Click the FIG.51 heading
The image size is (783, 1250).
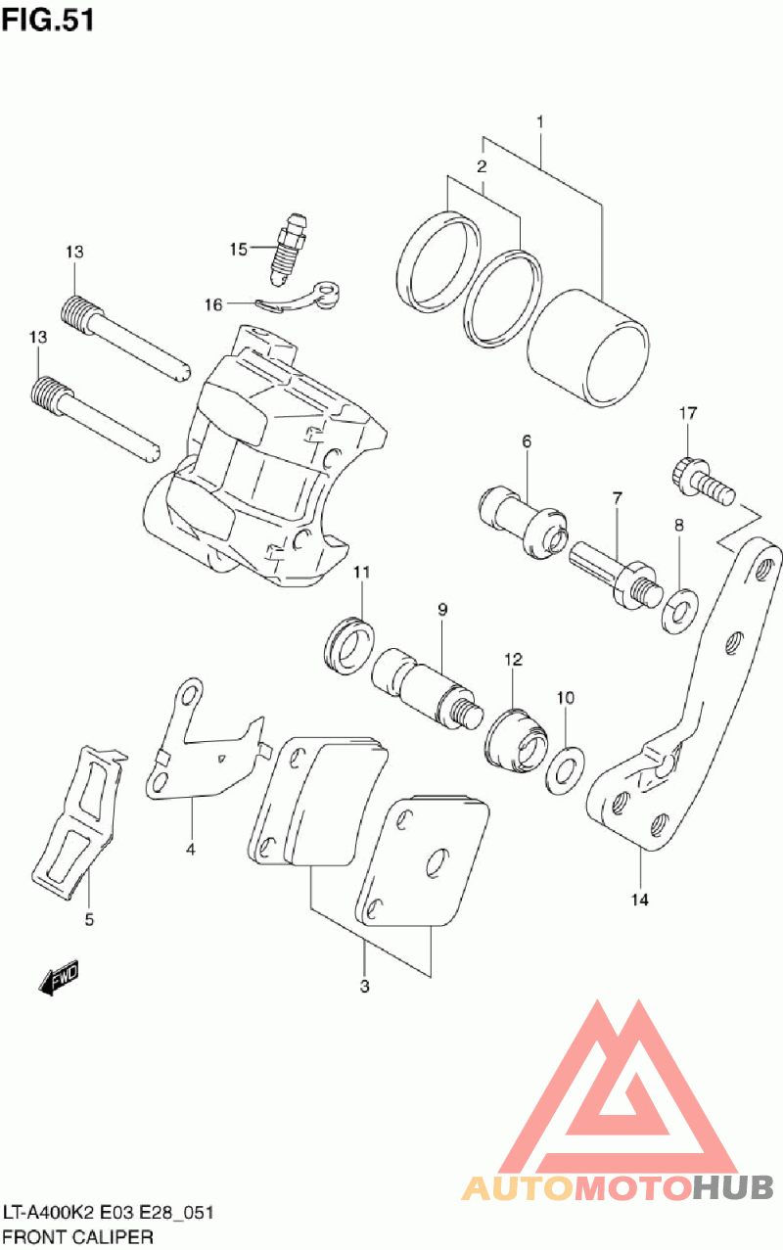coord(48,21)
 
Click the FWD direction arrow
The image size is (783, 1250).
coord(58,978)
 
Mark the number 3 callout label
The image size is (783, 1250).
coord(364,986)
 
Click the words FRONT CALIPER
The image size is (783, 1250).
coord(77,1236)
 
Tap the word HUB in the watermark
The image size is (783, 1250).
coord(733,1187)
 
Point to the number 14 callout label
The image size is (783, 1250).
coord(640,900)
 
